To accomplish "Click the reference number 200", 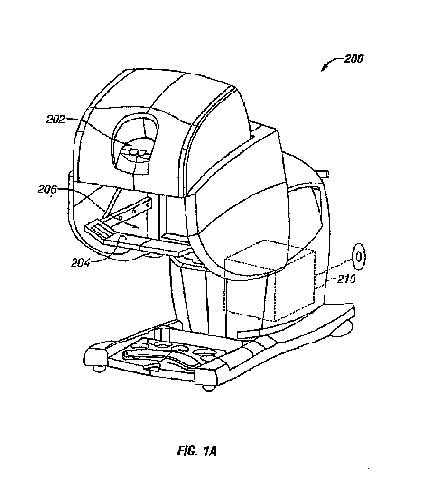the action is tap(353, 58).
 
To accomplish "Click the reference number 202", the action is tap(56, 119).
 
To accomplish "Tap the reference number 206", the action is tap(47, 189).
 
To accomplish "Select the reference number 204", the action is tap(81, 263).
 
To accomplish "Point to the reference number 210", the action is tap(346, 279).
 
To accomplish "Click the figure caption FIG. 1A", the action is tap(197, 451).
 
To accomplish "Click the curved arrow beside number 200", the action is tap(332, 63).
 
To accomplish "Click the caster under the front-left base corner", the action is tap(99, 368).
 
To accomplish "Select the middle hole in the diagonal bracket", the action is tap(133, 212).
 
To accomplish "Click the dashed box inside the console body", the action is tap(270, 280).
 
